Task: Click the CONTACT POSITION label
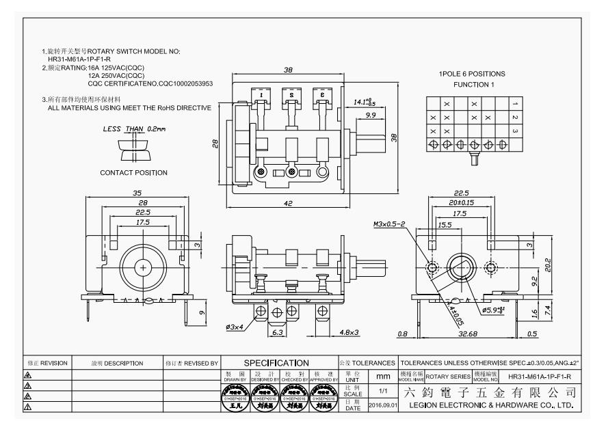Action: point(133,172)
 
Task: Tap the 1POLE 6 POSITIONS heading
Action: point(472,74)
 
